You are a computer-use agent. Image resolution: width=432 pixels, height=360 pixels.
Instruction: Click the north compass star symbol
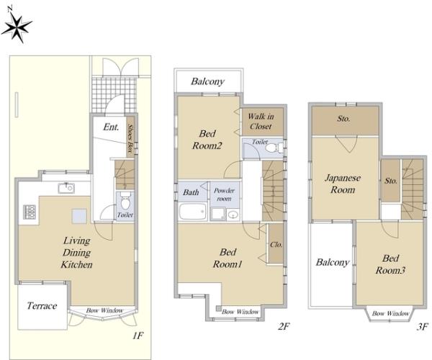point(17,27)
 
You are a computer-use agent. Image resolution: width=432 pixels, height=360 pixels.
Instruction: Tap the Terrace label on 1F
point(42,306)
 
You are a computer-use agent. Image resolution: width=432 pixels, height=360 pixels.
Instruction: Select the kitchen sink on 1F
point(66,188)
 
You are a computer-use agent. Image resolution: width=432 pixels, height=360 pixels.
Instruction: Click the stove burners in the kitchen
point(30,212)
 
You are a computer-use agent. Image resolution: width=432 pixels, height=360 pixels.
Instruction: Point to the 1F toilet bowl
point(125,201)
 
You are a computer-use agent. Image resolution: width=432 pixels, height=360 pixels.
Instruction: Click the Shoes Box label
point(130,138)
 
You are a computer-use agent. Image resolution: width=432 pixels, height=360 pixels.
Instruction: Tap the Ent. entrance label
point(111,127)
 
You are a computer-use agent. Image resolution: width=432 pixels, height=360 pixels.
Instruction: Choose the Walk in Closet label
point(261,122)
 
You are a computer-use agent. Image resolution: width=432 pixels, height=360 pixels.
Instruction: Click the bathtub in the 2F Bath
point(193,211)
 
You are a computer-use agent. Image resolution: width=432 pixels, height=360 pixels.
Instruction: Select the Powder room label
point(224,194)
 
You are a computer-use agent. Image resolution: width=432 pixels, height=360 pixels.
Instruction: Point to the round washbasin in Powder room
point(233,215)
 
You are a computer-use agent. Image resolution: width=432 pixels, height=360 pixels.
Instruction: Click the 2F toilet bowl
point(272,148)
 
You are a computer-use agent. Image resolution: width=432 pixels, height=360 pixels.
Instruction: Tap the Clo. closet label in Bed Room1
point(276,245)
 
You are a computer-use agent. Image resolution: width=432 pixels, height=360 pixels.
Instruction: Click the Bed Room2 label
point(207,140)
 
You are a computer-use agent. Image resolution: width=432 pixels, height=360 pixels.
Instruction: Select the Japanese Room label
point(343,184)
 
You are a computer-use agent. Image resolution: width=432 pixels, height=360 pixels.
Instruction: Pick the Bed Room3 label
point(390,264)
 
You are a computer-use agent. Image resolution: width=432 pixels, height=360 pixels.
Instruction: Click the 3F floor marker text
point(423,327)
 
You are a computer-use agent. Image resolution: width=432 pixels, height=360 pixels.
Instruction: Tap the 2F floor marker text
point(284,326)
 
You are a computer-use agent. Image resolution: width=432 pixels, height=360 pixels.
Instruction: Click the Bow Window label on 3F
point(390,313)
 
